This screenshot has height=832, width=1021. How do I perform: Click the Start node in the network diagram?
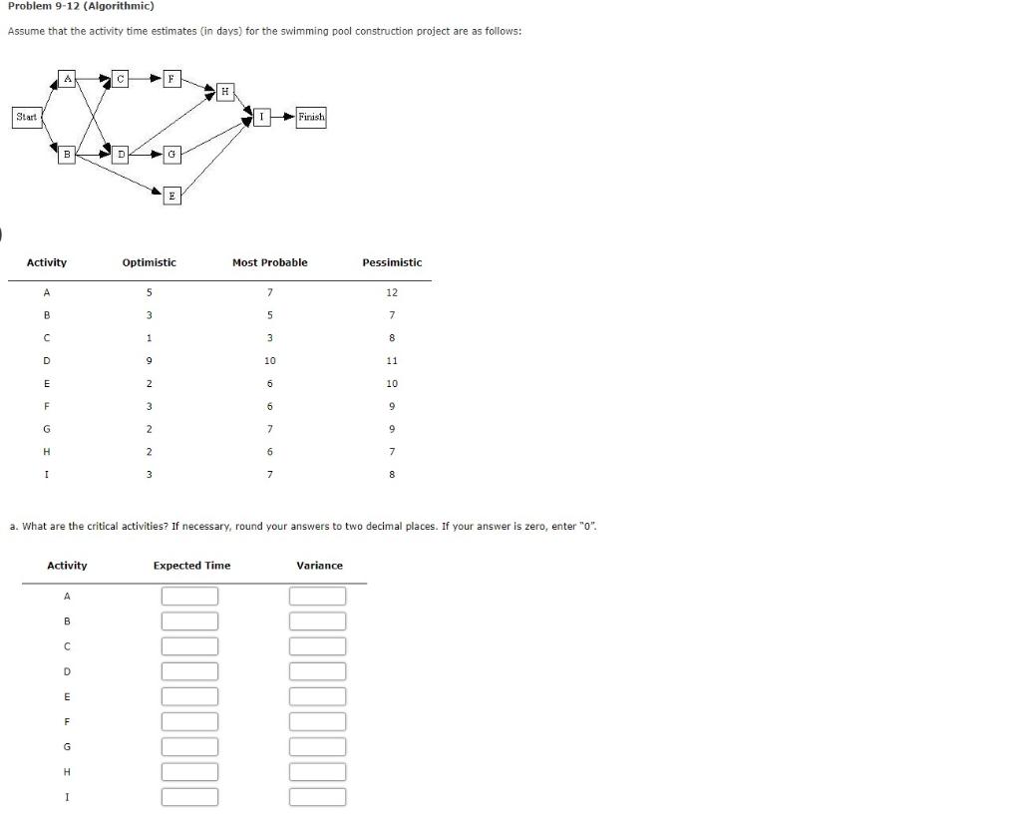[x=27, y=117]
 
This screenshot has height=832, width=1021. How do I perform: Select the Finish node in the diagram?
[x=311, y=117]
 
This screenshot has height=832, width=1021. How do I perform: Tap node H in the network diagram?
[x=225, y=92]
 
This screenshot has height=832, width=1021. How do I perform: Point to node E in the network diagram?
[x=171, y=196]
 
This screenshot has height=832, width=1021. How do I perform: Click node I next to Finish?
[x=261, y=117]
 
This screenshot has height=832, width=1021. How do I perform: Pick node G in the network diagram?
[x=171, y=154]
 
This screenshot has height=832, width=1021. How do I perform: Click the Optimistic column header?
[x=149, y=262]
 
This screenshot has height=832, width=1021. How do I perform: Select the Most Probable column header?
[x=269, y=262]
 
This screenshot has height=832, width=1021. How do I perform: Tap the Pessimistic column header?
[x=392, y=262]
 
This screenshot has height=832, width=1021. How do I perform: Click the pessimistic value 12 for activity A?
[x=392, y=292]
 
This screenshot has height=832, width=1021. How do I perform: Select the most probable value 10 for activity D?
[x=269, y=360]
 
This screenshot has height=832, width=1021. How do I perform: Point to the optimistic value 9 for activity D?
[x=149, y=360]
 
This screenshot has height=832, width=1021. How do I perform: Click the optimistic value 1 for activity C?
[x=149, y=338]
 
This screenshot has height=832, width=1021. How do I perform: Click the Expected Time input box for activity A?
[x=189, y=597]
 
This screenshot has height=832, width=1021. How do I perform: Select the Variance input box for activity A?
[x=318, y=597]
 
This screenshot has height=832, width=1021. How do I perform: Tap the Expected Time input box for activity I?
[x=189, y=797]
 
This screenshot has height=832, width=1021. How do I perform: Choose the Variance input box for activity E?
[x=318, y=696]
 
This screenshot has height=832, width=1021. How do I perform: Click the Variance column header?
[x=319, y=566]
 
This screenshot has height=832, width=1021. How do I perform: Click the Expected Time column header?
[x=191, y=566]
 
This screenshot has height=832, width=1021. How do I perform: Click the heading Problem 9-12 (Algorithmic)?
[x=81, y=6]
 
